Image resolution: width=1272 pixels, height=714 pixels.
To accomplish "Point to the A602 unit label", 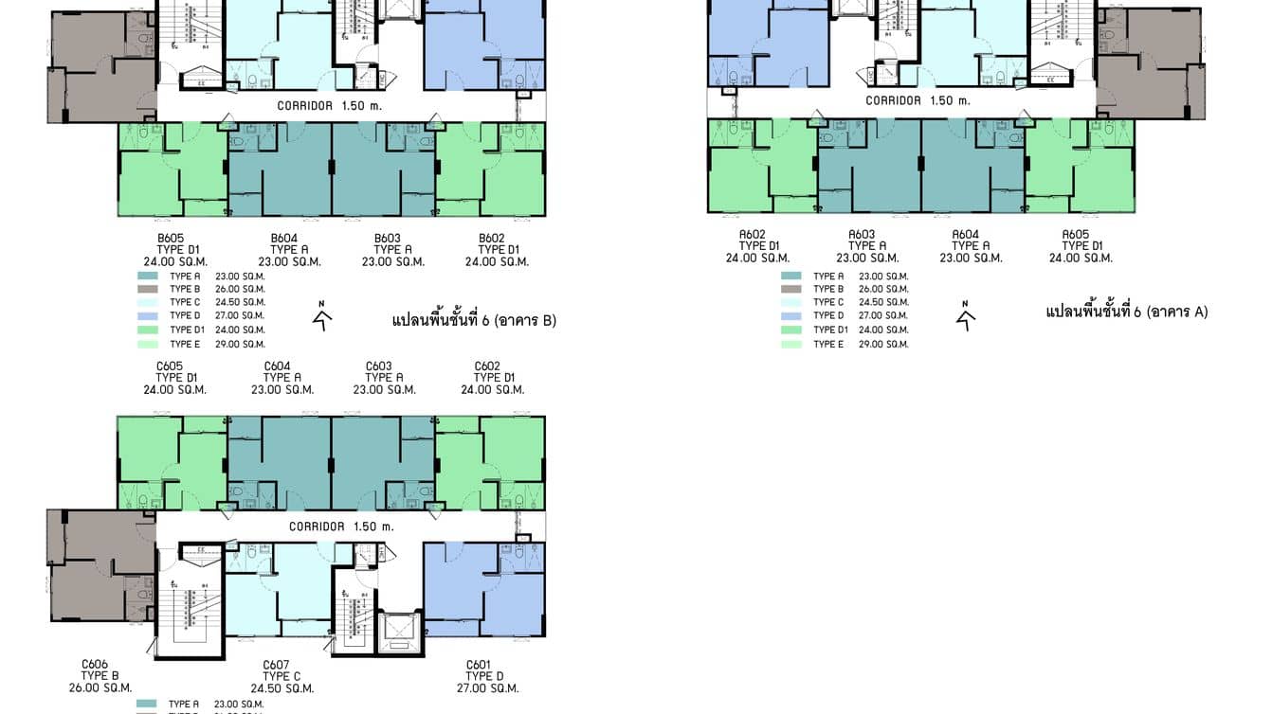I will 752,234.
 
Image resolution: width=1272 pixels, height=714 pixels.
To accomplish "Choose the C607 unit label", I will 275,664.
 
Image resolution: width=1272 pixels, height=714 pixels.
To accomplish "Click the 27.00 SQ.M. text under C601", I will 487,688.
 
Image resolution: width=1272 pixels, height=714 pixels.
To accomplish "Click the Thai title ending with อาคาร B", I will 474,320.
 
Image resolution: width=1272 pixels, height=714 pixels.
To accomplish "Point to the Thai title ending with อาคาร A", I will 1126,312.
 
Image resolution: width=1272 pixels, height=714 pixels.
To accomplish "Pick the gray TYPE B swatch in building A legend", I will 791,289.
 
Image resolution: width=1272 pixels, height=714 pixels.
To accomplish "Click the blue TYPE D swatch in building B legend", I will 148,315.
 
